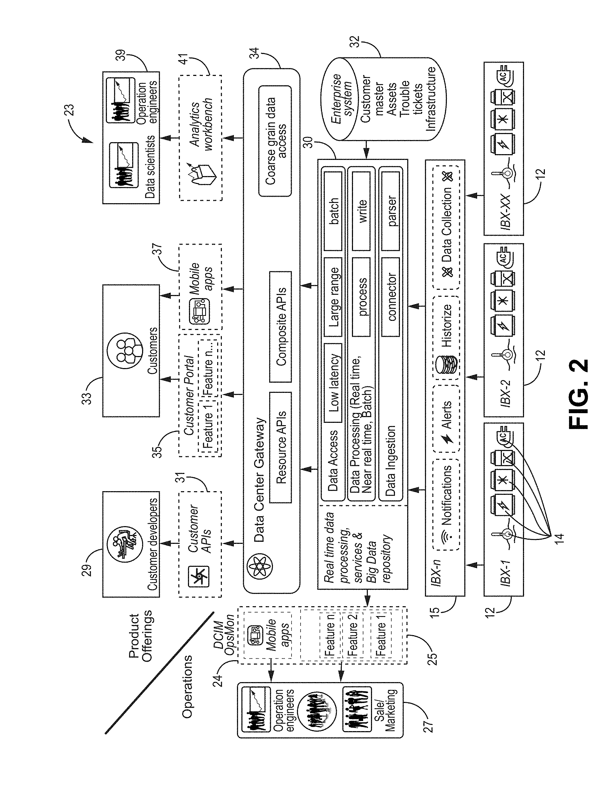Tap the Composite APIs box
click(281, 327)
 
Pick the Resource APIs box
click(281, 447)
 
